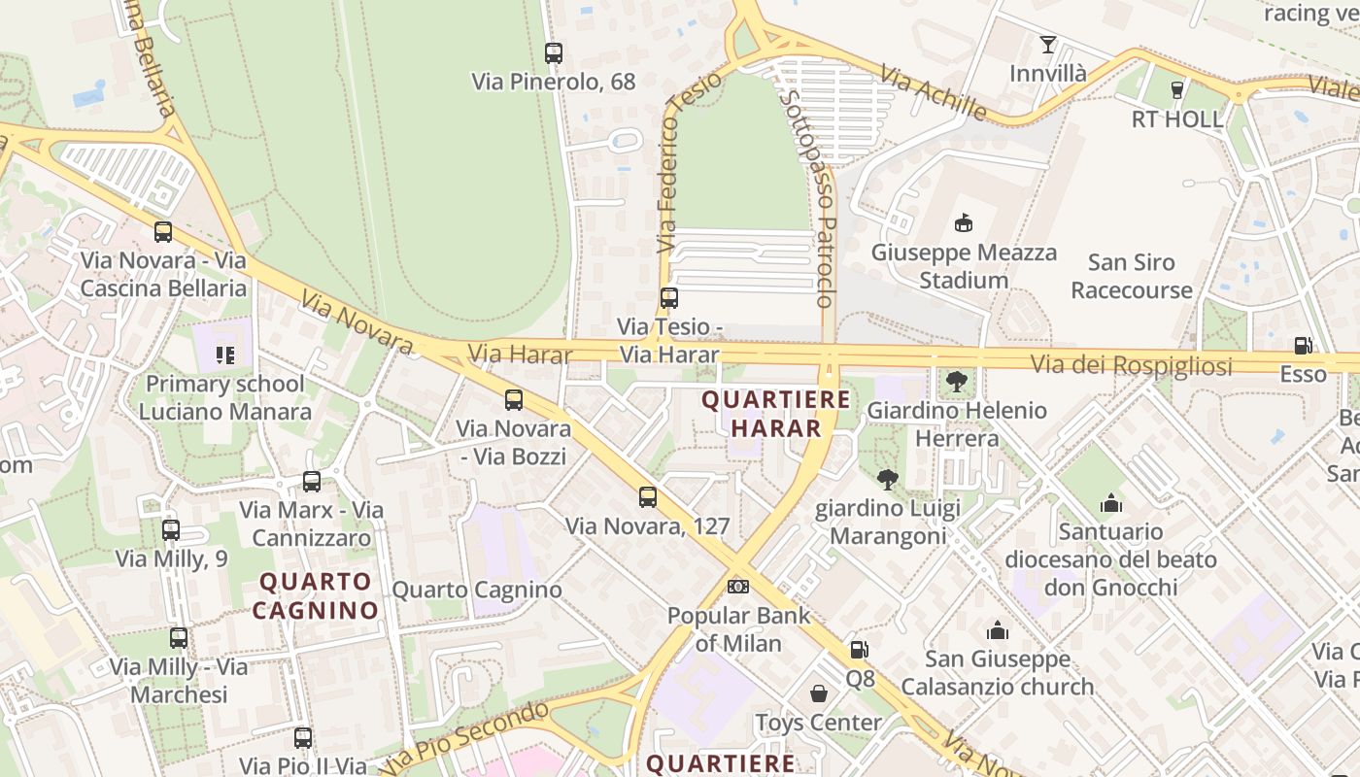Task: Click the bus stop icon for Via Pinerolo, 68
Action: coord(554,53)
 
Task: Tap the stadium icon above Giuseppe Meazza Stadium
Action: coord(963,223)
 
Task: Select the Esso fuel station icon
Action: coord(1303,345)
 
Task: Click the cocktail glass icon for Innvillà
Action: coord(1047,45)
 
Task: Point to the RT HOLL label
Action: coord(1177,119)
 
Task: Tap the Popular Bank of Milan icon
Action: coord(738,587)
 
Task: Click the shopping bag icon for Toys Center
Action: coord(819,693)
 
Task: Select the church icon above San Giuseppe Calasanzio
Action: coord(997,631)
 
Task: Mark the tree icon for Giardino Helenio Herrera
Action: coord(957,382)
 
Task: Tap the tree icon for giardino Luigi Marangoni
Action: coord(887,479)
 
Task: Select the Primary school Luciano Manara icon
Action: coord(225,355)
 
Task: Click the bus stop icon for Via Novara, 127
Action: coord(648,497)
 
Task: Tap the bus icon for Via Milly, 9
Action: coord(171,530)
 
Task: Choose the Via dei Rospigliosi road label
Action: coord(1131,366)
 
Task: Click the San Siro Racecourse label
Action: coord(1131,276)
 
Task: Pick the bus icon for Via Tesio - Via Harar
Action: coord(669,298)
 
